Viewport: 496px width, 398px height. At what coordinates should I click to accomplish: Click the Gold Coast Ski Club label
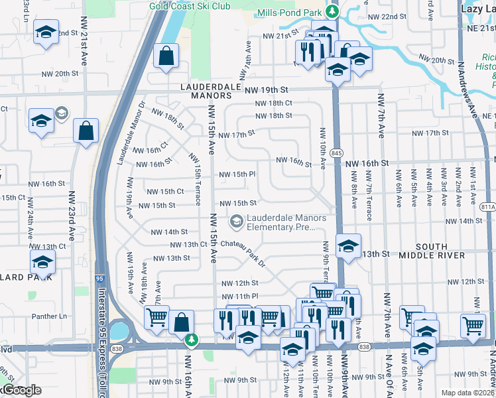point(190,6)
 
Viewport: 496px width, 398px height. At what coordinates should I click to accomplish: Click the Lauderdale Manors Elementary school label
point(286,222)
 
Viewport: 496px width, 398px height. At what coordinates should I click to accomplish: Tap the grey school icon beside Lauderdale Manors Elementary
point(235,220)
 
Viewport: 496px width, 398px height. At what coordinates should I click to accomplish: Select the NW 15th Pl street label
point(237,174)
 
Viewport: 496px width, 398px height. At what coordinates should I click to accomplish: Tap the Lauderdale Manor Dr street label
point(130,133)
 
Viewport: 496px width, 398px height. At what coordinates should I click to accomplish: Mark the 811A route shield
point(489,207)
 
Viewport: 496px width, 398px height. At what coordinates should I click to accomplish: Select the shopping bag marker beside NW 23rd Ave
point(86,130)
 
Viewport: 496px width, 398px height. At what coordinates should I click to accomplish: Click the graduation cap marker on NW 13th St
point(348,246)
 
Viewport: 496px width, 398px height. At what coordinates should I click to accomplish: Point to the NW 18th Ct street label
point(275,103)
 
